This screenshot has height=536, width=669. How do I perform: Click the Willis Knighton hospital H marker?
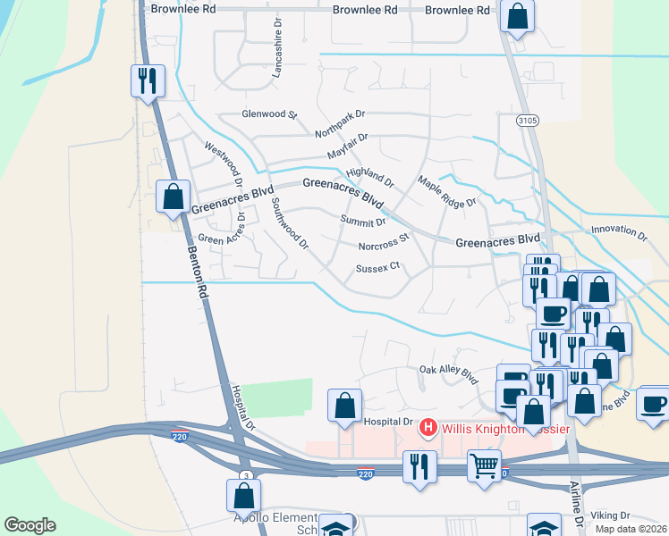(x=428, y=429)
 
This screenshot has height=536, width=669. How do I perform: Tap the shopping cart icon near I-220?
(x=484, y=465)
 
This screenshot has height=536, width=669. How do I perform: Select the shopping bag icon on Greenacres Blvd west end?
(x=174, y=197)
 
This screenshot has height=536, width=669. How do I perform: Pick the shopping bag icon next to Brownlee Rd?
(x=517, y=15)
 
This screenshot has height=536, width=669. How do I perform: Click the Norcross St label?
(x=383, y=242)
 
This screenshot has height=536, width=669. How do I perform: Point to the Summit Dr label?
(x=363, y=221)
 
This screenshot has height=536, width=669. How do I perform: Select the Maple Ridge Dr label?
(x=447, y=192)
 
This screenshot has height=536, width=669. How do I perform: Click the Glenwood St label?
(x=269, y=114)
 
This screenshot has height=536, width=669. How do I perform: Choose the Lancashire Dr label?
(x=277, y=47)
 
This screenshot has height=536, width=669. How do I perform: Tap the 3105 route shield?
(x=527, y=119)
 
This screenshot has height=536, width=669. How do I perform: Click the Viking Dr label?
(x=612, y=515)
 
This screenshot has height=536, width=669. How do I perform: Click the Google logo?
(x=30, y=525)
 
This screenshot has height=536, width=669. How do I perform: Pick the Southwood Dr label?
(x=289, y=223)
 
